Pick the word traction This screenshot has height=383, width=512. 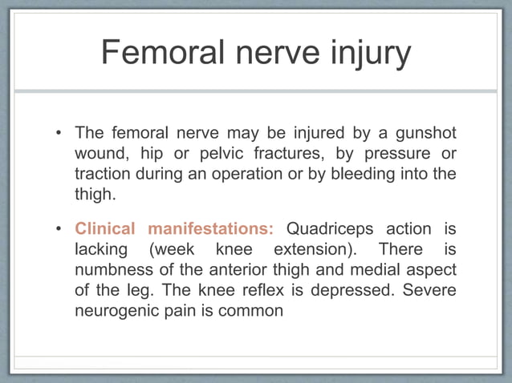[x=101, y=174]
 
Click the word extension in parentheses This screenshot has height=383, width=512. [x=313, y=249]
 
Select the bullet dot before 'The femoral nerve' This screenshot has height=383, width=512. [x=61, y=132]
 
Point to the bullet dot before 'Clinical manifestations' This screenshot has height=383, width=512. [x=61, y=228]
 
